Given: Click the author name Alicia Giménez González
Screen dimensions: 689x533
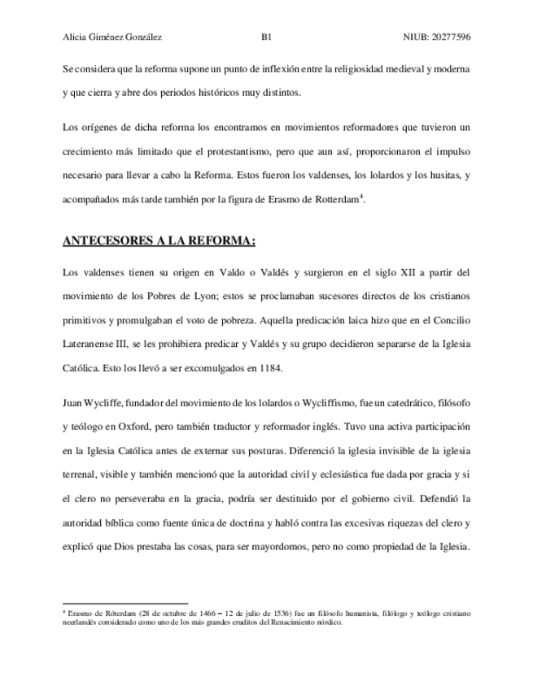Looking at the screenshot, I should [x=111, y=37].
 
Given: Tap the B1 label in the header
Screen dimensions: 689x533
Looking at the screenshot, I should [x=266, y=37].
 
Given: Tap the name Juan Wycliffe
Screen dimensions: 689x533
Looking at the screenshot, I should [x=90, y=402].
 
